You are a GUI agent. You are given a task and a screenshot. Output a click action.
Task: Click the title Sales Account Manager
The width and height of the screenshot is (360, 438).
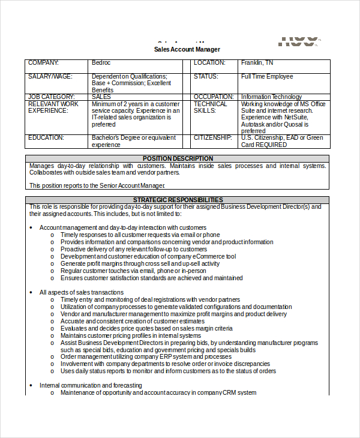pyautogui.click(x=187, y=49)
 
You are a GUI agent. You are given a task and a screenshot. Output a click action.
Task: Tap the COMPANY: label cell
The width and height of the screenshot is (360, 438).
pyautogui.click(x=44, y=63)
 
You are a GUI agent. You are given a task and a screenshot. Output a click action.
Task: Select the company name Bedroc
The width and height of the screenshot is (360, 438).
pyautogui.click(x=101, y=63)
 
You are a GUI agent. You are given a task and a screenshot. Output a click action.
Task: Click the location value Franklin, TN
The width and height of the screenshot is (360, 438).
pyautogui.click(x=257, y=63)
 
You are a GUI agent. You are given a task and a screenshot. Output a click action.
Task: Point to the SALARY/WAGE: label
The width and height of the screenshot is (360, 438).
pyautogui.click(x=50, y=77)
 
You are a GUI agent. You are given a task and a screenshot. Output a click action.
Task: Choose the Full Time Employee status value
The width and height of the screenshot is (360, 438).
pyautogui.click(x=267, y=77)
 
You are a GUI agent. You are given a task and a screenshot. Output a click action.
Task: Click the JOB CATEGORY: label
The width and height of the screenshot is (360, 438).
pyautogui.click(x=51, y=97)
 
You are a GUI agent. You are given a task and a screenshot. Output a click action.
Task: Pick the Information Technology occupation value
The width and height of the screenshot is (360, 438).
pyautogui.click(x=271, y=97)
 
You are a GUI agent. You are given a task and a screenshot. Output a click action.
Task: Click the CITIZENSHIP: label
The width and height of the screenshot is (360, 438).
pyautogui.click(x=212, y=137)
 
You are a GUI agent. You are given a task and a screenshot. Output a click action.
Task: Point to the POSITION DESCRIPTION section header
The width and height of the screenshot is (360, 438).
pyautogui.click(x=178, y=158)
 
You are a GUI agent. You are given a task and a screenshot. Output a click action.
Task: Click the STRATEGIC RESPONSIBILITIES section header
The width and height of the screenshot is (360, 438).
pyautogui.click(x=178, y=200)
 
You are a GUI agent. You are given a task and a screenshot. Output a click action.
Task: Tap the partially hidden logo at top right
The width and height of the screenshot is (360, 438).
pyautogui.click(x=298, y=41)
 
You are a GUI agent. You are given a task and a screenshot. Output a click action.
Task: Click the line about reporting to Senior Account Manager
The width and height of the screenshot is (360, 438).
pyautogui.click(x=97, y=186)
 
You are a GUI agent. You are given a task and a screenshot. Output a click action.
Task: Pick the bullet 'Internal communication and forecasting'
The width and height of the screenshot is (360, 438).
pyautogui.click(x=91, y=385)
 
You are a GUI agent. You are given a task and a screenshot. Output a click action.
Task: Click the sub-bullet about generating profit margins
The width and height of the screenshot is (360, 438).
pyautogui.click(x=140, y=263)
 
